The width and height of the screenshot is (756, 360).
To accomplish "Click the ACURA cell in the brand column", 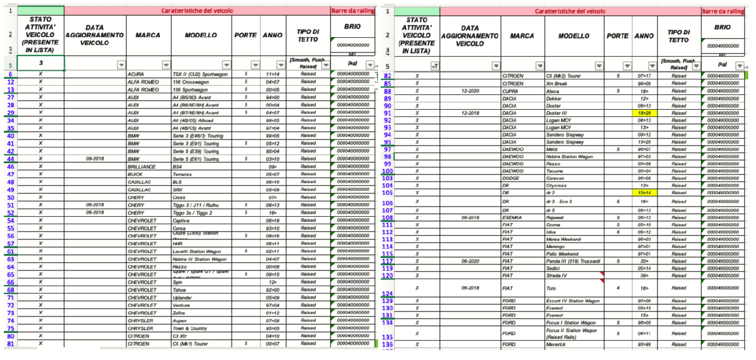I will pyautogui.click(x=135, y=74).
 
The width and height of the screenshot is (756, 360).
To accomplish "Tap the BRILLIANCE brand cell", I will pyautogui.click(x=142, y=166).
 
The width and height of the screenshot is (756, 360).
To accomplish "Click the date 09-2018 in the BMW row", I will pyautogui.click(x=95, y=159).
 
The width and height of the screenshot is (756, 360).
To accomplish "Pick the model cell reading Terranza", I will pyautogui.click(x=183, y=174).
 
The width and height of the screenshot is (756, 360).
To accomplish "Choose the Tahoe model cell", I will pyautogui.click(x=180, y=290).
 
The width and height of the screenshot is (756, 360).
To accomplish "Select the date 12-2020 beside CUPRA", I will pyautogui.click(x=470, y=91).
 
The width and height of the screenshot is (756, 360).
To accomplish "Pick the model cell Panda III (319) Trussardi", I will pyautogui.click(x=573, y=261).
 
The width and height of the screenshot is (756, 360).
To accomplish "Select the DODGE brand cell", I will pyautogui.click(x=511, y=179).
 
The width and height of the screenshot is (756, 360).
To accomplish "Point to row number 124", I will pyautogui.click(x=388, y=293).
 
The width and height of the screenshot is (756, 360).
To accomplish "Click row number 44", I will pyautogui.click(x=11, y=159).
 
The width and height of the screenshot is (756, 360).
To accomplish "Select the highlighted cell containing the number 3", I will pyautogui.click(x=41, y=63).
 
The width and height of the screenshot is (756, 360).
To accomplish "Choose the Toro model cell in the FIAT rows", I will pyautogui.click(x=552, y=288).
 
